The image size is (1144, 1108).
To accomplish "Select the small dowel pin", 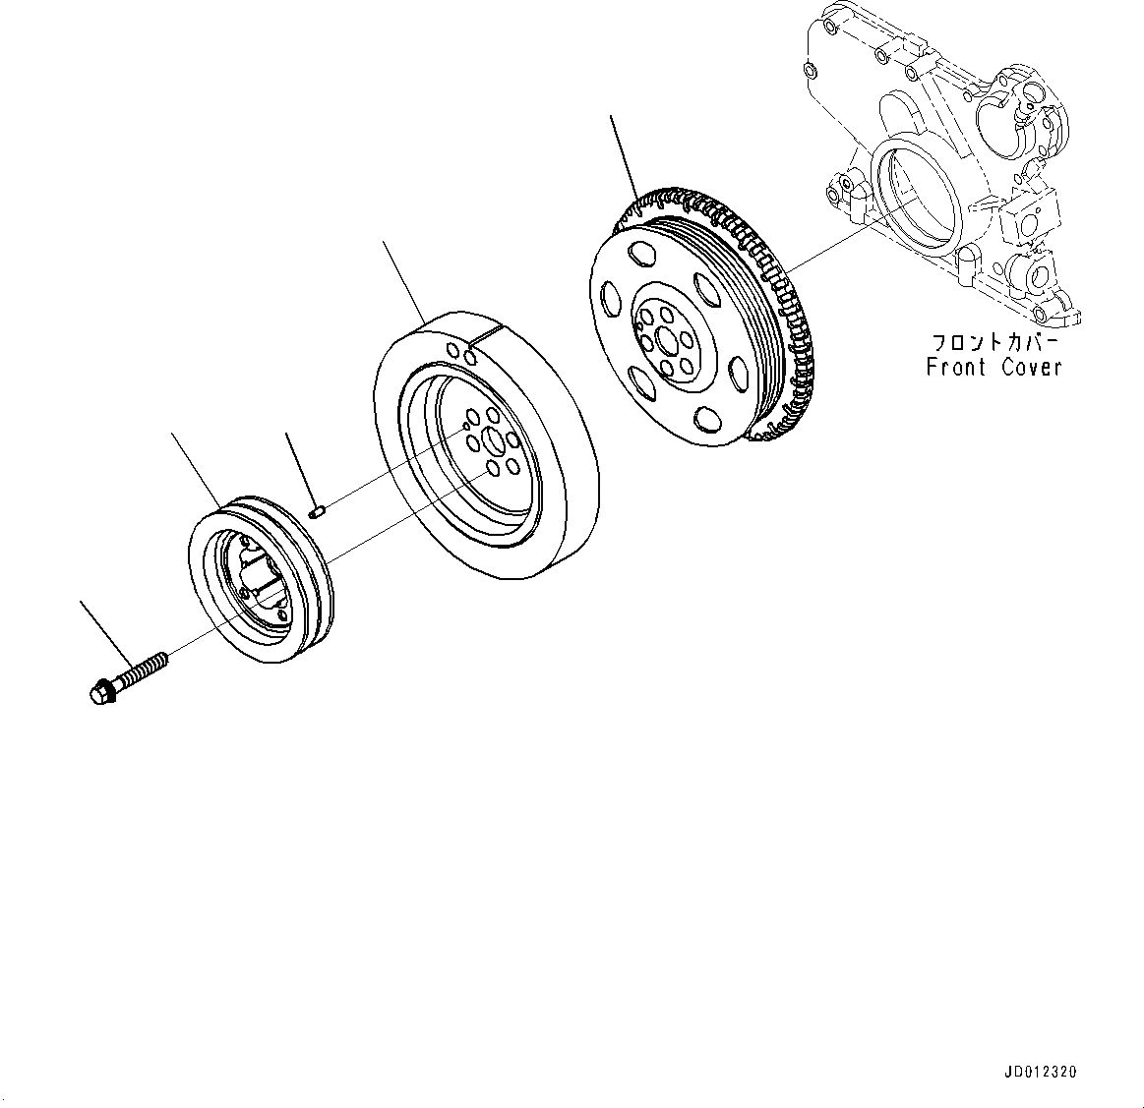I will tap(317, 510).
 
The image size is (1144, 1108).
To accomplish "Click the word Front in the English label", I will tap(957, 367).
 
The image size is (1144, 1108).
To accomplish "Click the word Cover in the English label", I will tap(1032, 367).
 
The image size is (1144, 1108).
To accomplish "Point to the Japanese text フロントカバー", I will tap(994, 343).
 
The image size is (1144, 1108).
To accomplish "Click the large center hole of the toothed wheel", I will tap(671, 342).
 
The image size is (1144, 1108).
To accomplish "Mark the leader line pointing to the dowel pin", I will tap(299, 466).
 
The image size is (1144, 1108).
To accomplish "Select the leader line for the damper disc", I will tap(403, 279).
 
